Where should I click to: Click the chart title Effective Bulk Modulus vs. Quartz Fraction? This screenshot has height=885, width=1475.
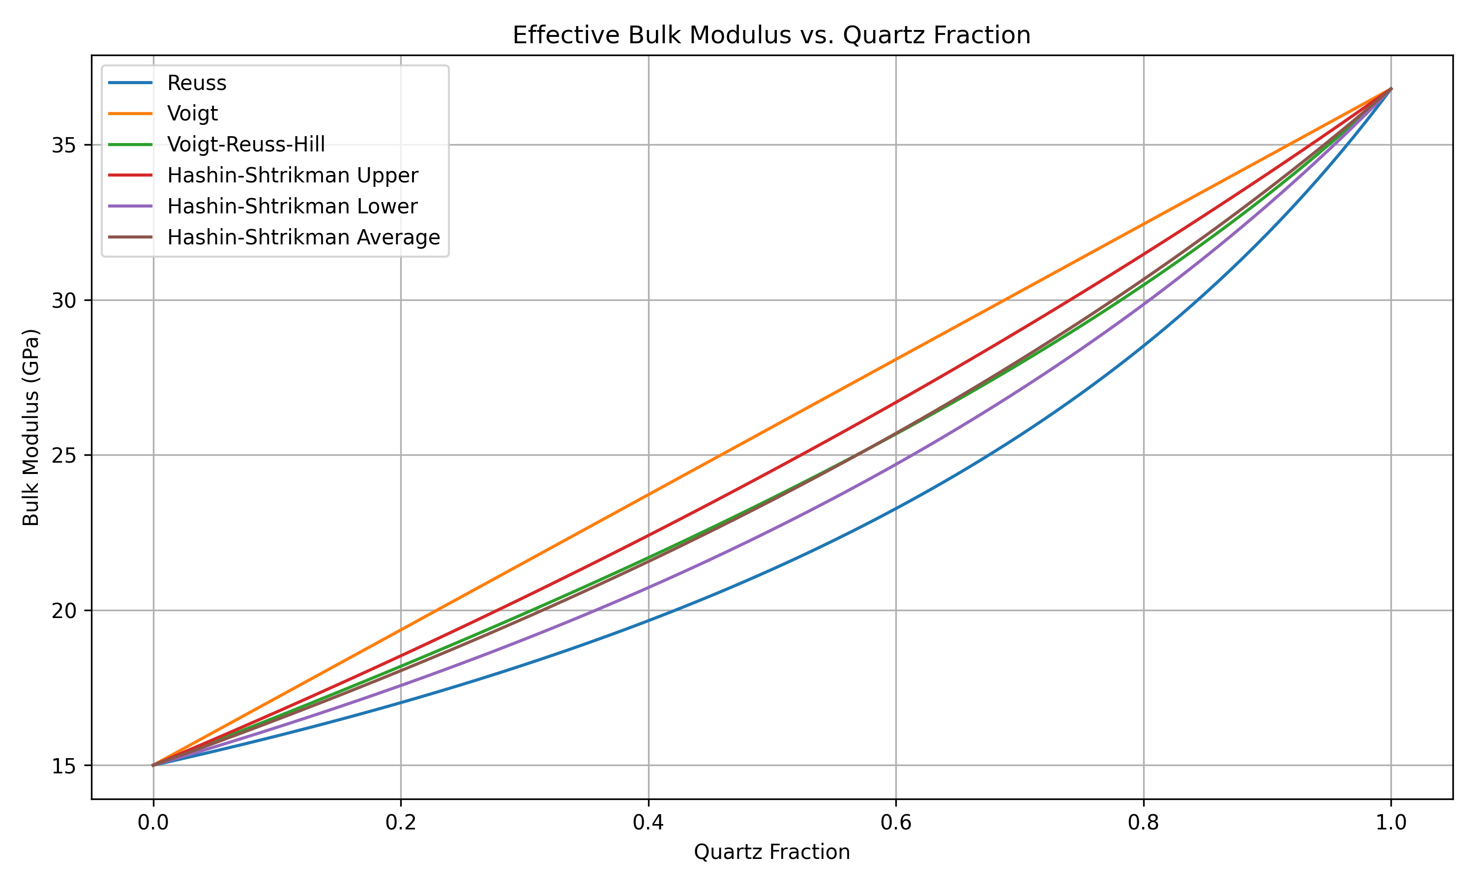771,35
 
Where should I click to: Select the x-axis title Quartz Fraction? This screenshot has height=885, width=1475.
771,852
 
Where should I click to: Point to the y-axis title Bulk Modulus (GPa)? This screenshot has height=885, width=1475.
31,427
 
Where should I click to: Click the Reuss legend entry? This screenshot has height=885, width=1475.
197,83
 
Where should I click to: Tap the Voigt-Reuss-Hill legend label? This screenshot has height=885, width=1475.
246,145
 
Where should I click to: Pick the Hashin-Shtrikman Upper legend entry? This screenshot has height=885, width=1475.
292,176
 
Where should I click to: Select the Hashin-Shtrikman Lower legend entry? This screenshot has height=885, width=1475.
292,206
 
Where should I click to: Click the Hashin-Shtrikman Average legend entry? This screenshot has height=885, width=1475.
303,237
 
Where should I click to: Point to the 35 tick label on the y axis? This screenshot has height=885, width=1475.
63,146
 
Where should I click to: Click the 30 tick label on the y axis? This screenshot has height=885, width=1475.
63,300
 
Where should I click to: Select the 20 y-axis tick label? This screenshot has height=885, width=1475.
63,611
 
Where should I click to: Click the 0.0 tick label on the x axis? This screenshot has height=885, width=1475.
153,823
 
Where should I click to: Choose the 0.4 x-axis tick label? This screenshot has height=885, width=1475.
648,823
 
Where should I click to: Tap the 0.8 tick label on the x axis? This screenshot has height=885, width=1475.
1144,823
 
